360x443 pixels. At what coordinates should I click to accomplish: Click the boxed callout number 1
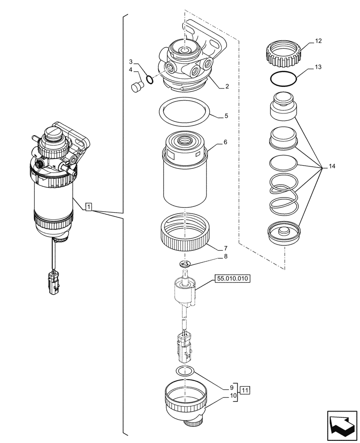pos(89,206)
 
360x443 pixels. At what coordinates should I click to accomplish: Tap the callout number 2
pos(227,86)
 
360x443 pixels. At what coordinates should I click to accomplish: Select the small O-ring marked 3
pos(150,80)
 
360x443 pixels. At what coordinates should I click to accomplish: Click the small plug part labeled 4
pos(137,87)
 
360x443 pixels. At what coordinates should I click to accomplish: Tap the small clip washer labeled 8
pos(185,264)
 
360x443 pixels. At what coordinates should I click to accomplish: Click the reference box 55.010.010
pos(232,279)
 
